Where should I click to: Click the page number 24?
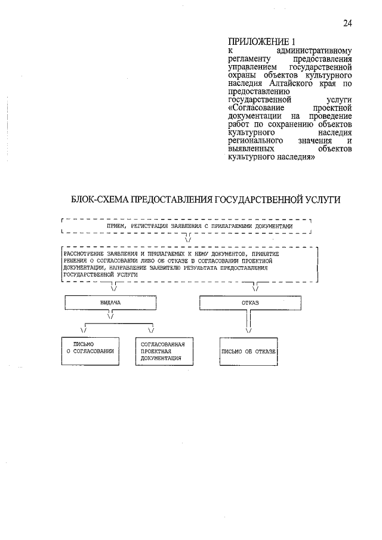coord(348,23)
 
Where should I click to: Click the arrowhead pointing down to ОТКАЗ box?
coord(255,289)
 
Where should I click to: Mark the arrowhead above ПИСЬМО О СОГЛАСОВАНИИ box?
coord(84,329)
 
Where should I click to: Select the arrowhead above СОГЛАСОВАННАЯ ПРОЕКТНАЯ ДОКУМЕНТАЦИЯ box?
coord(151,329)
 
